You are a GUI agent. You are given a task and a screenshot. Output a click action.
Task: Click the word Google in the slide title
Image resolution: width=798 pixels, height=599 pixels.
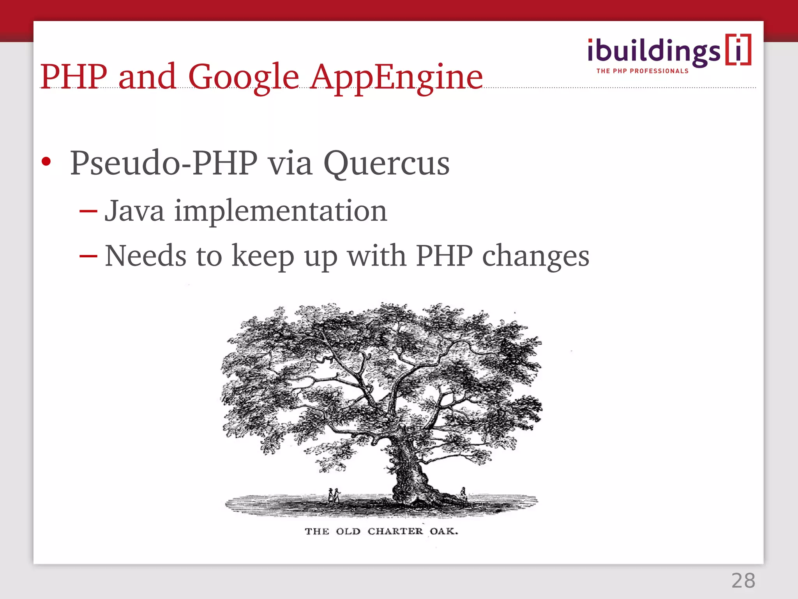pos(243,77)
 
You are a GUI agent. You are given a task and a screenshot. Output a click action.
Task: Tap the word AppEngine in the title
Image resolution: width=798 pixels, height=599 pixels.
pos(396,77)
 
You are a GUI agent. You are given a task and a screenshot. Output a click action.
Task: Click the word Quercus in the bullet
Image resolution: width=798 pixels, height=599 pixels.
pos(386,164)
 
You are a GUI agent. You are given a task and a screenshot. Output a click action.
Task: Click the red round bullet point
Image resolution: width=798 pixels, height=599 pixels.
pos(46,161)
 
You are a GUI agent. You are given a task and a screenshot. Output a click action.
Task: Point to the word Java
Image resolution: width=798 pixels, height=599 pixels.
pos(134,211)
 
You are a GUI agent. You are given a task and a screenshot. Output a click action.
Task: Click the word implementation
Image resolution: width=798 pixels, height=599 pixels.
pos(281,211)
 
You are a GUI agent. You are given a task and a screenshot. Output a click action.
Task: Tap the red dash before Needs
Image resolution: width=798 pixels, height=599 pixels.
pos(88,256)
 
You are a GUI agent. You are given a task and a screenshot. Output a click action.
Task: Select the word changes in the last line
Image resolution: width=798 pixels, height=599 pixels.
pos(535,257)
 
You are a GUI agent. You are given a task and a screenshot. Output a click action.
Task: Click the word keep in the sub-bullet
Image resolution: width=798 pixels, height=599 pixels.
pos(263,257)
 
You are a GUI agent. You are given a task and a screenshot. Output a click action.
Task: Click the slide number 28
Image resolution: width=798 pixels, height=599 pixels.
pos(743,581)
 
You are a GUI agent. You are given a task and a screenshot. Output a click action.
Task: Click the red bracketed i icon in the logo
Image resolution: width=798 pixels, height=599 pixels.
pos(738,50)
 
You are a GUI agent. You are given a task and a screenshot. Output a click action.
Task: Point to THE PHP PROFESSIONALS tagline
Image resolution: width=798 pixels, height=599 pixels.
pos(642,71)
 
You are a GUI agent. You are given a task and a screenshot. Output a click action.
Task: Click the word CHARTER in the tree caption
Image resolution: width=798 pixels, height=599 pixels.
pos(395,531)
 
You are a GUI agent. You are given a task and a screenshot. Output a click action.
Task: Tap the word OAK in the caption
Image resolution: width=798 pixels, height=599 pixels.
pos(443,531)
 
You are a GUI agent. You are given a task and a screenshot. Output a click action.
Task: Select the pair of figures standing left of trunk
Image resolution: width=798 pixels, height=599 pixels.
pos(334,496)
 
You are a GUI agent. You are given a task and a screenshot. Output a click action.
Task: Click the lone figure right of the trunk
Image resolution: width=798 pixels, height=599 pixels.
pos(463,493)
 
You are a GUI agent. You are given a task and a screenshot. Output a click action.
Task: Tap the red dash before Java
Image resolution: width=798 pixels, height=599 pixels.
pos(88,211)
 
